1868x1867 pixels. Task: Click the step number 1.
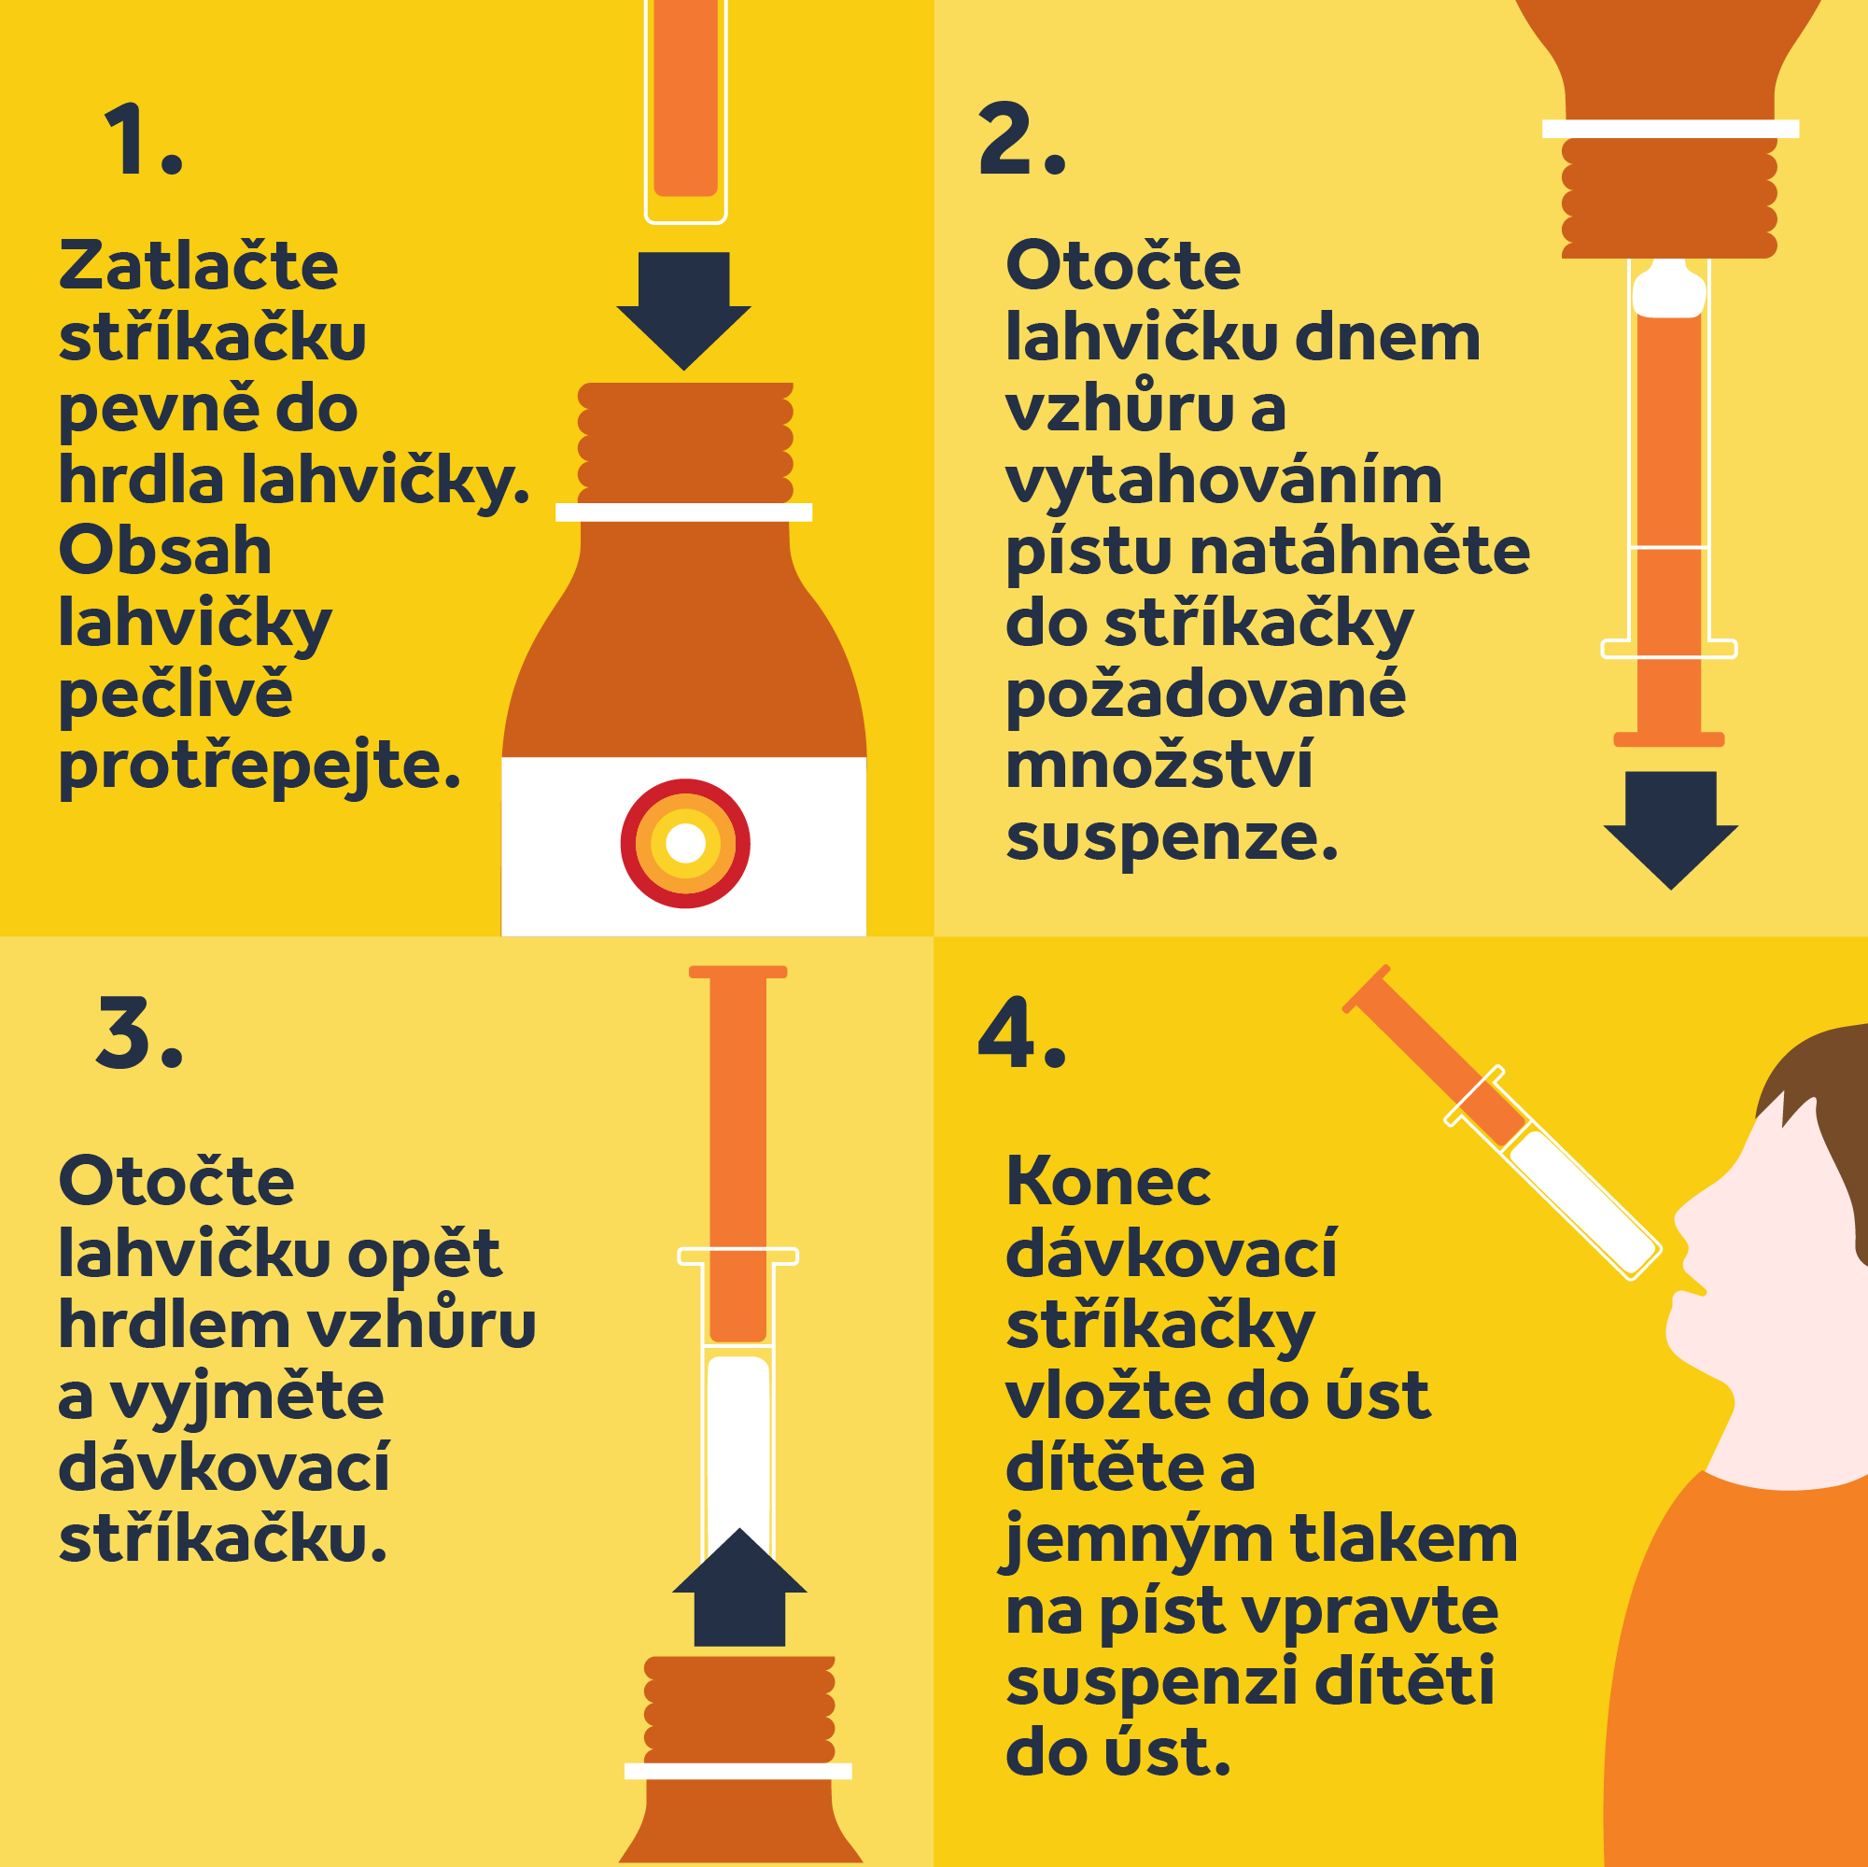point(142,140)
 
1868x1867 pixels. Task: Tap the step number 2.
point(1022,139)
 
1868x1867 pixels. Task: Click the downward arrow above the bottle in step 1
point(683,310)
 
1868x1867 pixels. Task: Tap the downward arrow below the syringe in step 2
point(1671,830)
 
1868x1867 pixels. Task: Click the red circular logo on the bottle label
point(685,843)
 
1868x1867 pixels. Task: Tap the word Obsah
point(165,550)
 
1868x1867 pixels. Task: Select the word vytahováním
point(1224,482)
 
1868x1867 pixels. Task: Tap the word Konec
point(1108,1182)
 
